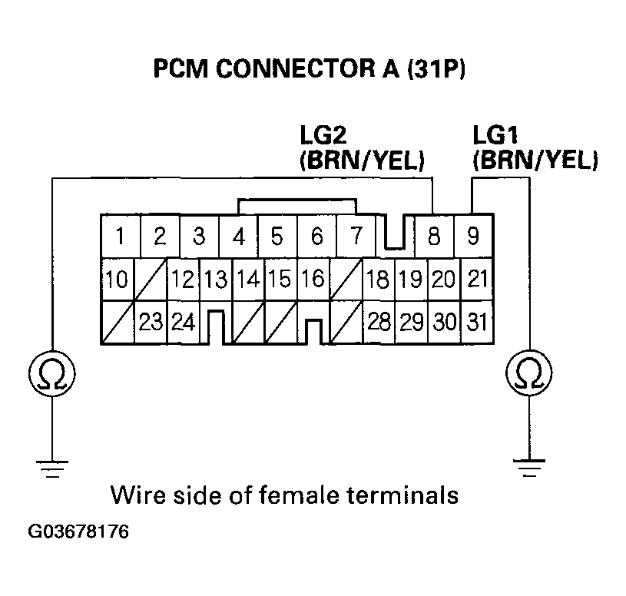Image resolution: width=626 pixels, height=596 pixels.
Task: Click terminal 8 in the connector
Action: pyautogui.click(x=434, y=236)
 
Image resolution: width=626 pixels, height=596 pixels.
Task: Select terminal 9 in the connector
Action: pyautogui.click(x=473, y=235)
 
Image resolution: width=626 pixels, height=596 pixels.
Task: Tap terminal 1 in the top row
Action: pyautogui.click(x=121, y=236)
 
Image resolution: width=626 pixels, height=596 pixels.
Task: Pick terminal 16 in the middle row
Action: pyautogui.click(x=312, y=279)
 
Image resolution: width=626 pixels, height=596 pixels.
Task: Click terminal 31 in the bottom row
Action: pyautogui.click(x=477, y=321)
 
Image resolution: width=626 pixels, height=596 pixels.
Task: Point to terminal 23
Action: pyautogui.click(x=151, y=321)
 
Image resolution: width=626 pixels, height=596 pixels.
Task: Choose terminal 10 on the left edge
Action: pyautogui.click(x=117, y=279)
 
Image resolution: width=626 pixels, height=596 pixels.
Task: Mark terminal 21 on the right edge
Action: pyautogui.click(x=477, y=279)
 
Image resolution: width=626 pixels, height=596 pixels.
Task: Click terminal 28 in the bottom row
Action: pyautogui.click(x=379, y=321)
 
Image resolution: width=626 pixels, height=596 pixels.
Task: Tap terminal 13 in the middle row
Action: pyautogui.click(x=216, y=279)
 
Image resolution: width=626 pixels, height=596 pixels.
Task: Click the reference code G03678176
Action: pyautogui.click(x=79, y=532)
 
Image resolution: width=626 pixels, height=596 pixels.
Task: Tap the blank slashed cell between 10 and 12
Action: pyautogui.click(x=151, y=279)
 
